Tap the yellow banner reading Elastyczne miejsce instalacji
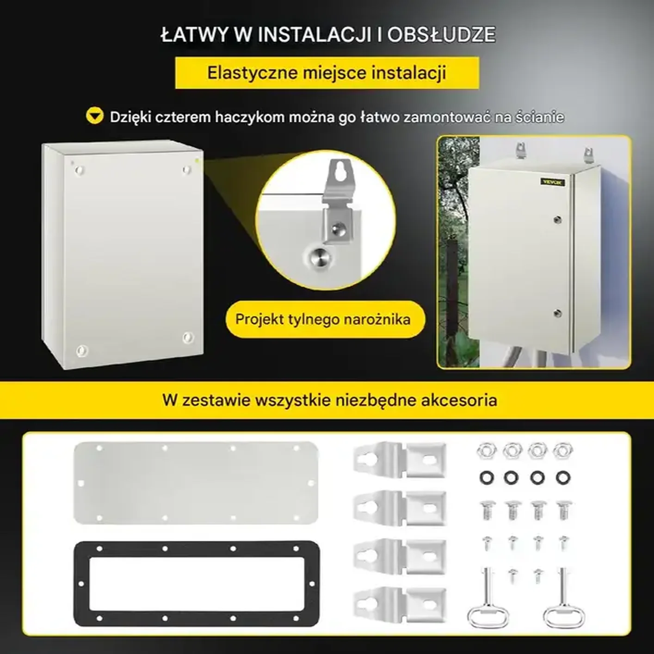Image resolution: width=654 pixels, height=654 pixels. click(x=327, y=73)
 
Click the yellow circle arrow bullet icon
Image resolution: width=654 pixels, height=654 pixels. click(x=95, y=116)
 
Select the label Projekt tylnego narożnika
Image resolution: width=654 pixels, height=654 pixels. click(x=323, y=319)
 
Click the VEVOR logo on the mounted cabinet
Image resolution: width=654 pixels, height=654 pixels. click(x=553, y=182)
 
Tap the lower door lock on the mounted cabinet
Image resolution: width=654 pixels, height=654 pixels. click(x=558, y=313)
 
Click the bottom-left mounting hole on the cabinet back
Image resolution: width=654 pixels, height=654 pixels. click(x=81, y=350)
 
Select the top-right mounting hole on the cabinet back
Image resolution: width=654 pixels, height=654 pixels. click(x=186, y=170)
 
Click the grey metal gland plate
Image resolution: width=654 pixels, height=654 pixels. click(x=196, y=482)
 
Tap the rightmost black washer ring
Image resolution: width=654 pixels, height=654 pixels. click(x=562, y=477)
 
